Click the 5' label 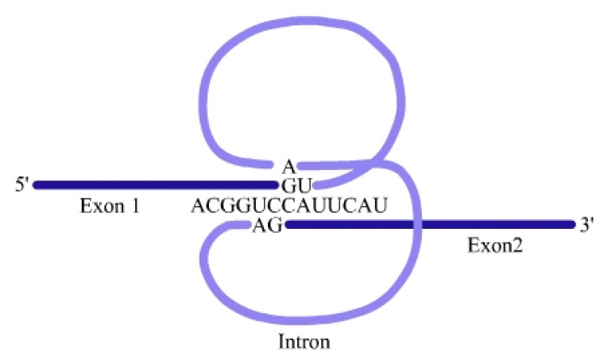[22, 185]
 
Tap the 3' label [587, 225]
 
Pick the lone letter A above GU [288, 166]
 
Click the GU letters [291, 186]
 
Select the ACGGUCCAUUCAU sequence [288, 207]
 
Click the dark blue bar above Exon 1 [151, 185]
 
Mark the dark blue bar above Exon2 [429, 225]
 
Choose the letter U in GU [297, 186]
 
